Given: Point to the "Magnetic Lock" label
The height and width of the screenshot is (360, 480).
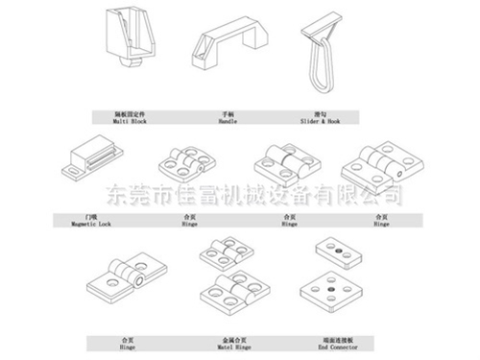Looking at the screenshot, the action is tap(90, 224).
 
